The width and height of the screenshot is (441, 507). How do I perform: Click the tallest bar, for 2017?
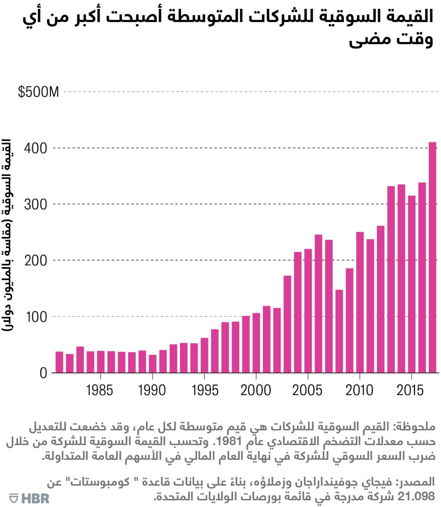click(x=433, y=257)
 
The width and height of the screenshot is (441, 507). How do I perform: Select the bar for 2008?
click(x=339, y=331)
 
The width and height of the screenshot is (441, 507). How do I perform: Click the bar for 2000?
click(x=256, y=343)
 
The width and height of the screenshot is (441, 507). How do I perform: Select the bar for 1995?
click(x=204, y=355)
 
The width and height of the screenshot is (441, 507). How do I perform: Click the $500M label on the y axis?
click(x=38, y=92)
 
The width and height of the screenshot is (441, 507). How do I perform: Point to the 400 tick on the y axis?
click(x=36, y=148)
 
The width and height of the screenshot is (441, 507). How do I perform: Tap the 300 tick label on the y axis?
click(x=36, y=205)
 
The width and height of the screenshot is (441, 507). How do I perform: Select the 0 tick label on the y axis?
click(x=43, y=373)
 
